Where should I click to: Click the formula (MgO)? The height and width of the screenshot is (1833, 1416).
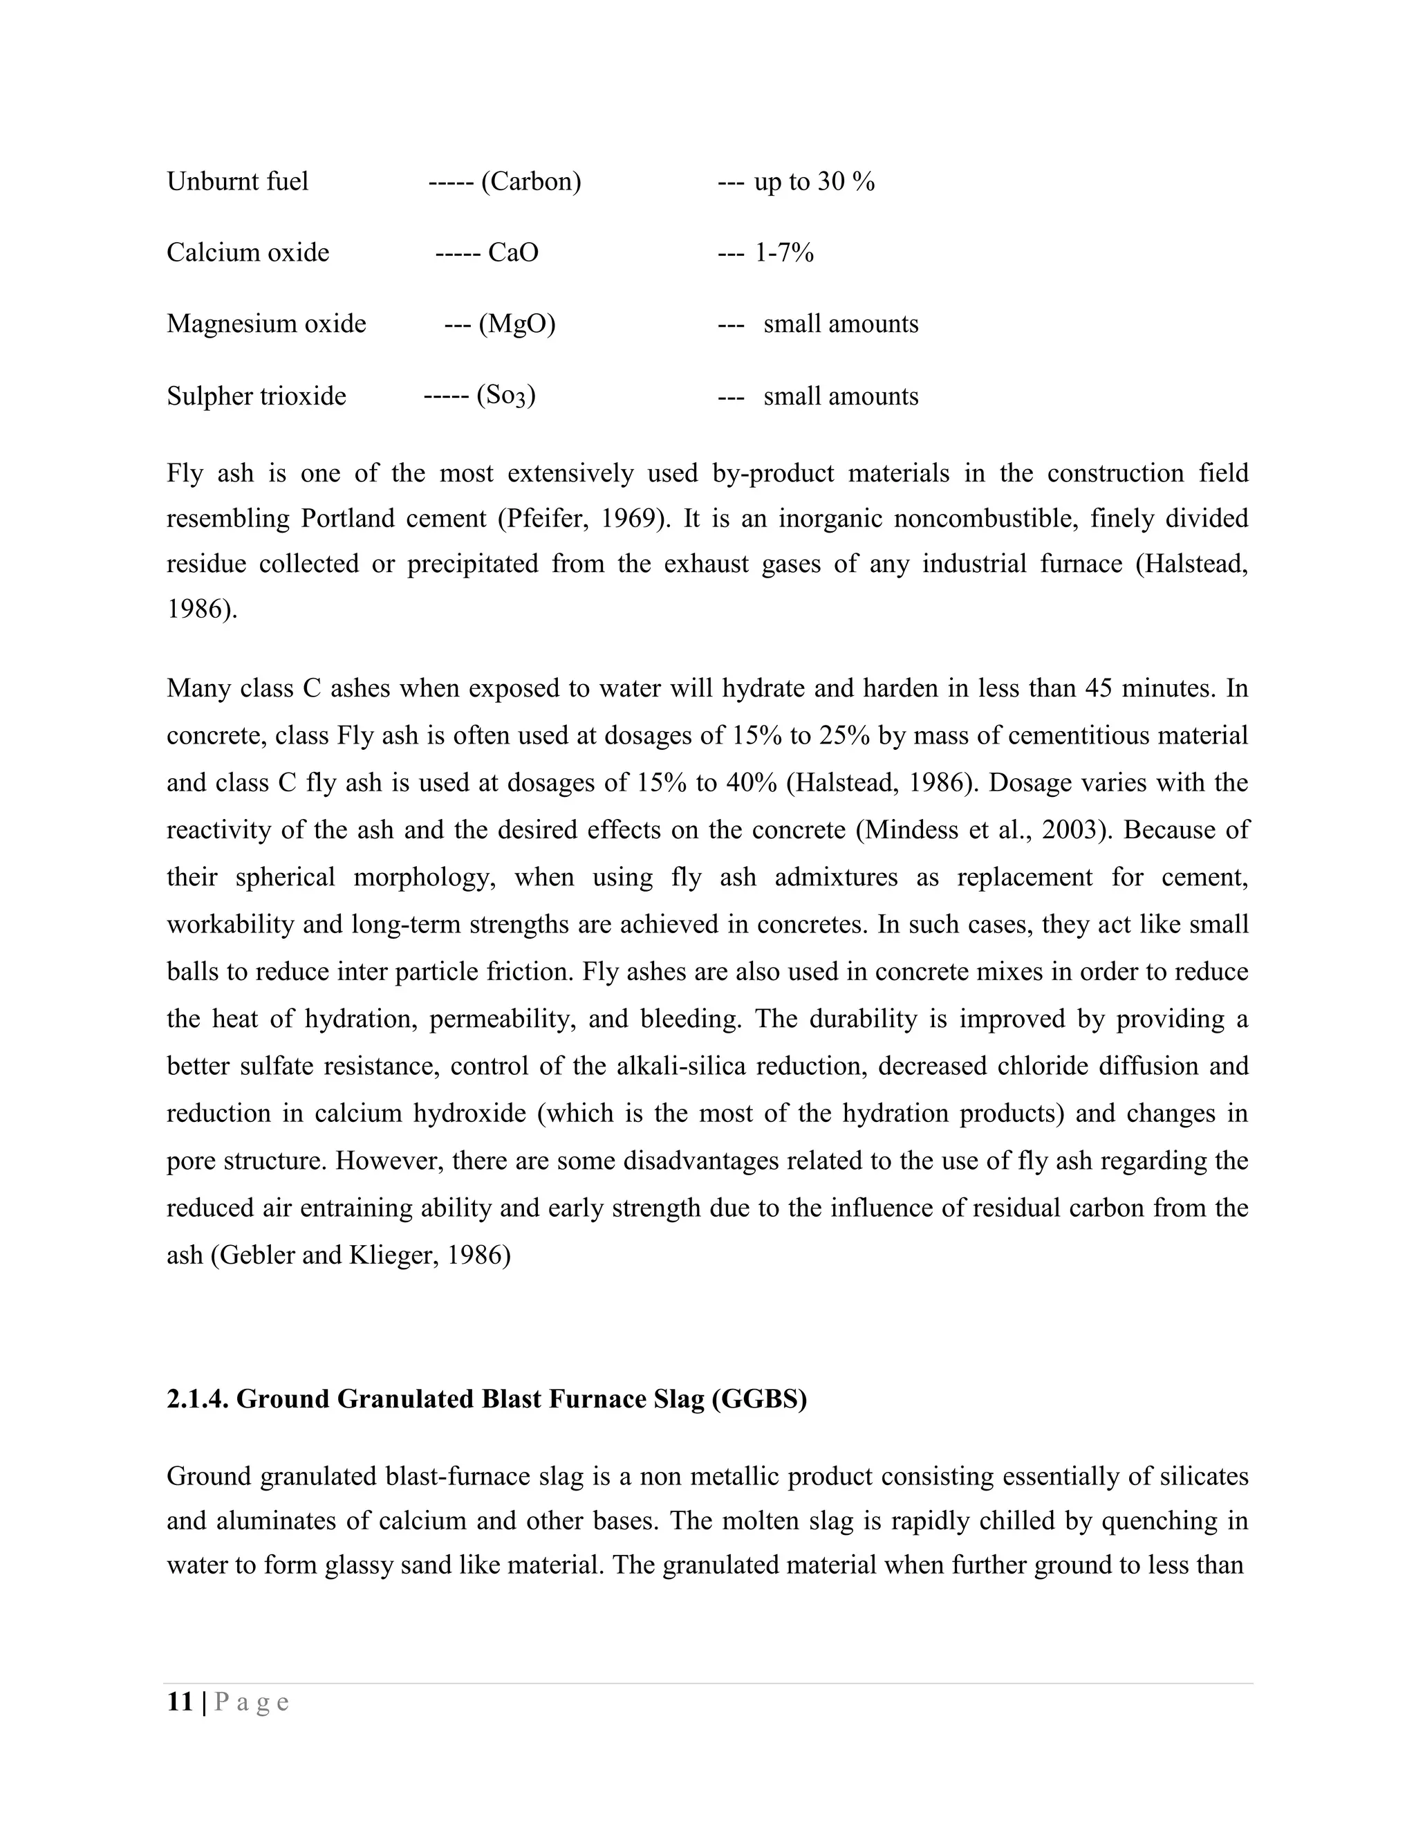click(516, 324)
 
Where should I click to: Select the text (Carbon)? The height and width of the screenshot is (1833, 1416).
click(531, 181)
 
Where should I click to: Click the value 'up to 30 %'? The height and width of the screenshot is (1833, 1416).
click(814, 181)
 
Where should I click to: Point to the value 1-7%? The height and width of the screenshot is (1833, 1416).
click(784, 252)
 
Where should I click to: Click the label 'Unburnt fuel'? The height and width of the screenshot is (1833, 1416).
click(237, 181)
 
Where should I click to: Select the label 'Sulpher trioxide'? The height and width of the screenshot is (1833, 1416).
click(256, 396)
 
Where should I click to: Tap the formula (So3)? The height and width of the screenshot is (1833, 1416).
click(506, 396)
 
